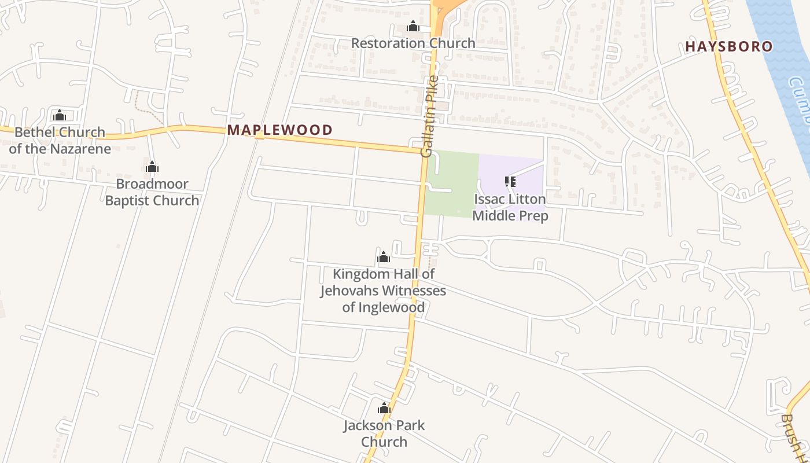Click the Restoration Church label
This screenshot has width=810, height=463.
coord(413,43)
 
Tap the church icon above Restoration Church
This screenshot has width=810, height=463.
coord(413,27)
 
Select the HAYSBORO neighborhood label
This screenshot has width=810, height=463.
coord(729,46)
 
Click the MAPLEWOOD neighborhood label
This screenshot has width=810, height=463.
coord(280,130)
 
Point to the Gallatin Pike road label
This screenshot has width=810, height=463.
coord(430,116)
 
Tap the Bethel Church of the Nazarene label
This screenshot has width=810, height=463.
coord(60,140)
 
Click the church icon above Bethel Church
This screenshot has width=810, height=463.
coord(60,116)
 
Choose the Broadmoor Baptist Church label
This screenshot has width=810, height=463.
coord(152,192)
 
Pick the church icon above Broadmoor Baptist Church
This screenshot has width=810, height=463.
coord(152,168)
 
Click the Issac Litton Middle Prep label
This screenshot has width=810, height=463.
coord(510,207)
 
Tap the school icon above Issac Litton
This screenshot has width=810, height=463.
coord(510,182)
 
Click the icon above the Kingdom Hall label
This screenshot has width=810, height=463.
coord(383,258)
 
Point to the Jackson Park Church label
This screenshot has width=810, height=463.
coord(384,433)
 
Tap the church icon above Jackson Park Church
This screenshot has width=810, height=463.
coord(384,409)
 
